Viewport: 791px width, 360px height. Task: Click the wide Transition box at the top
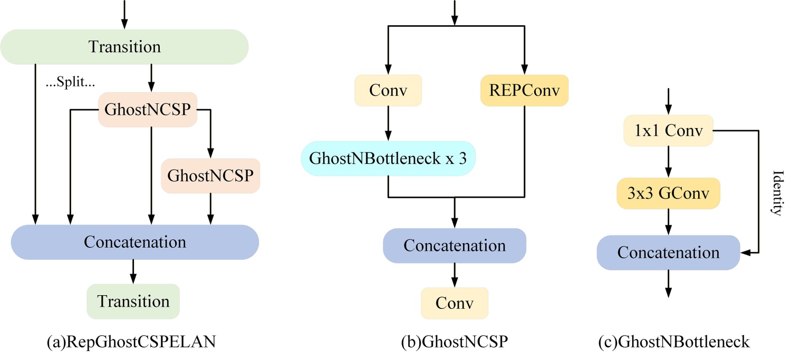124,47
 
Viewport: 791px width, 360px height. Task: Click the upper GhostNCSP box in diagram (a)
148,111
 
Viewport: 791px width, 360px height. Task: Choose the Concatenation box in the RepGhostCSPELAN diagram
135,242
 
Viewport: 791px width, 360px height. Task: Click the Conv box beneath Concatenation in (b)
455,303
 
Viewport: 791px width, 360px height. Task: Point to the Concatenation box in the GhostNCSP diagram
455,246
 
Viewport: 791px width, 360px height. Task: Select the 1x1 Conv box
668,131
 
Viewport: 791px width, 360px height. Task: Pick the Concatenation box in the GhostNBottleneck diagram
668,252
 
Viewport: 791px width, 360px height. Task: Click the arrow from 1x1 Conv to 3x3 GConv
668,162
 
